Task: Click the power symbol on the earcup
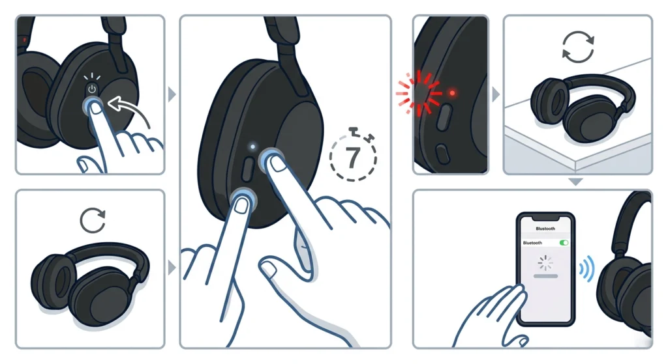92,89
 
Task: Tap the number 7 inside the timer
352,158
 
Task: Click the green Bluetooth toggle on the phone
564,243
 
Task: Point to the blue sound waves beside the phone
586,269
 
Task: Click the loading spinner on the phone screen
545,263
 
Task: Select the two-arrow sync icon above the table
578,47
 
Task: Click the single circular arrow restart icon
93,220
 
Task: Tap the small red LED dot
452,92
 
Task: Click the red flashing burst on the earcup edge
419,93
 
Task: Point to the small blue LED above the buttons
252,147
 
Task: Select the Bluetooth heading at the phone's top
545,229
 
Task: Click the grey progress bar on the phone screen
546,276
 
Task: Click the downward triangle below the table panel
575,182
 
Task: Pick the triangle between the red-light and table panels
496,94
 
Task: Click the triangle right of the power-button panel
172,94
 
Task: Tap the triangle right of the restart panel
172,268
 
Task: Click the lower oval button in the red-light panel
443,154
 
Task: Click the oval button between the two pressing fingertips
247,169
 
